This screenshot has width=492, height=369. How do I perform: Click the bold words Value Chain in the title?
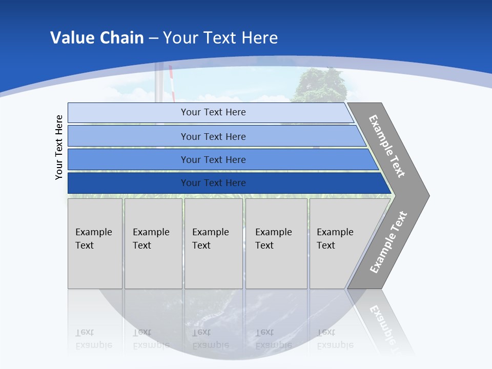(x=97, y=38)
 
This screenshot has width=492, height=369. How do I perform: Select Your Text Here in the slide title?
(x=220, y=38)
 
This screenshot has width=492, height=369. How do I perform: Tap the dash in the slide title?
(x=153, y=38)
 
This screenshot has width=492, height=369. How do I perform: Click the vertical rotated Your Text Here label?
(x=59, y=147)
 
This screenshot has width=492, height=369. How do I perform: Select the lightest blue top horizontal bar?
(x=213, y=112)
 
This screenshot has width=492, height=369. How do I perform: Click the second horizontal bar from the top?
(x=213, y=136)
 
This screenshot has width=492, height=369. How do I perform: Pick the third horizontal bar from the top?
(x=213, y=159)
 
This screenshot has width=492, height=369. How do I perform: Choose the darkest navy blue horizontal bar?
(x=213, y=183)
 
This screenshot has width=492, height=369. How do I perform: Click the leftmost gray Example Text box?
(x=95, y=243)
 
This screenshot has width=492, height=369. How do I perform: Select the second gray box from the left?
(x=153, y=243)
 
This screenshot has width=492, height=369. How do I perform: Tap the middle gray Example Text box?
(x=213, y=243)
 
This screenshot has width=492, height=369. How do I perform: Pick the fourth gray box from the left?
(x=276, y=243)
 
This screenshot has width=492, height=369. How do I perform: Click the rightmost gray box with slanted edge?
(x=341, y=243)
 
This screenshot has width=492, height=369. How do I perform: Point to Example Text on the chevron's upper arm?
(x=387, y=146)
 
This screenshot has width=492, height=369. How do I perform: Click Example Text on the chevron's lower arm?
(x=388, y=242)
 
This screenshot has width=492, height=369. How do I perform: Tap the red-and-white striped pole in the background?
(x=172, y=82)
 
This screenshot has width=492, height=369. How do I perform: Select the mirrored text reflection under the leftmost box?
(x=94, y=339)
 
